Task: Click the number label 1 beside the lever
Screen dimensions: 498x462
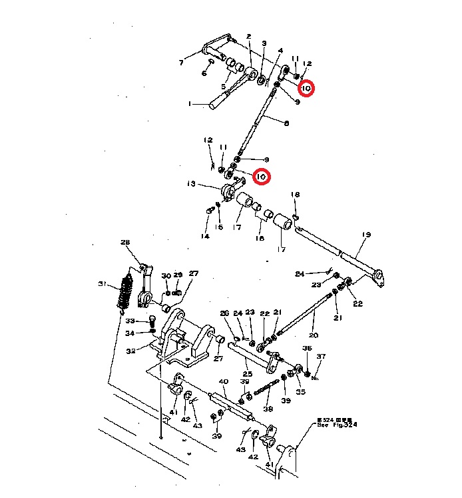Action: point(190,104)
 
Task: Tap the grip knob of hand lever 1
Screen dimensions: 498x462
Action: point(218,102)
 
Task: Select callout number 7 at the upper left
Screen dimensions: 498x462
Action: point(180,63)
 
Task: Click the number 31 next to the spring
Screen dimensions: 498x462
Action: point(102,285)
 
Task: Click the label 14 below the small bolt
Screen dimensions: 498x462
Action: point(206,236)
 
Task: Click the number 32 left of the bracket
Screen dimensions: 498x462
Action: point(131,351)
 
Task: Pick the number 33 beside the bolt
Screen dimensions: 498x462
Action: point(130,321)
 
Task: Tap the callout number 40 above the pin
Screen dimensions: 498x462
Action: point(224,382)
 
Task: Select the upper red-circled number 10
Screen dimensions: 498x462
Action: point(306,88)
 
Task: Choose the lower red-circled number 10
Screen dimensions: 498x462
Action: point(261,177)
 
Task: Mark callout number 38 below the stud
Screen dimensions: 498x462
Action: point(268,409)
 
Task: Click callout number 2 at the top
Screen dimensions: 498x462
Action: point(248,36)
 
